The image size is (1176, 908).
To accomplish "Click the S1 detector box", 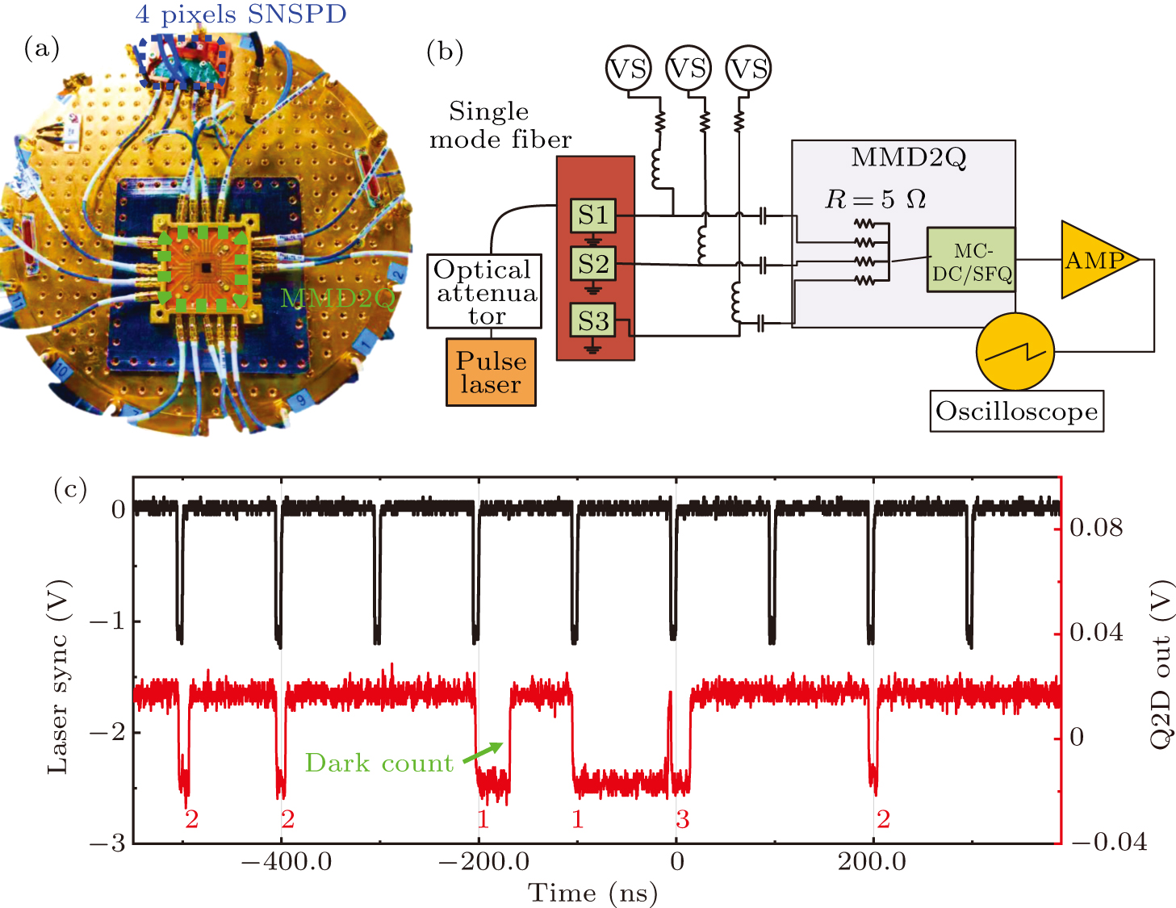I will pyautogui.click(x=593, y=215).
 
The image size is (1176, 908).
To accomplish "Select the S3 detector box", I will pyautogui.click(x=593, y=320).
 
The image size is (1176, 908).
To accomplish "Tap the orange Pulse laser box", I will pyautogui.click(x=491, y=372).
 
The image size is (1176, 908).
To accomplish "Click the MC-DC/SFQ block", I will pyautogui.click(x=971, y=260).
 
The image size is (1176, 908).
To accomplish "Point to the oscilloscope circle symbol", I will pyautogui.click(x=1015, y=352).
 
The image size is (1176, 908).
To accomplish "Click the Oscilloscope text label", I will pyautogui.click(x=1016, y=412).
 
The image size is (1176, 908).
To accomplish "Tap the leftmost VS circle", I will pyautogui.click(x=628, y=69).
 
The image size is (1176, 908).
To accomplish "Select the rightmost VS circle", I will pyautogui.click(x=748, y=69).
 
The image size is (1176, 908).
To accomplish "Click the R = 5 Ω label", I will pyautogui.click(x=875, y=199).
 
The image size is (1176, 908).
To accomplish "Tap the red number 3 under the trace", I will pyautogui.click(x=683, y=820).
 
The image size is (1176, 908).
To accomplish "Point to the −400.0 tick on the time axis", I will pyautogui.click(x=287, y=861).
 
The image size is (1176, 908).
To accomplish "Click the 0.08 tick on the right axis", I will pyautogui.click(x=1096, y=528).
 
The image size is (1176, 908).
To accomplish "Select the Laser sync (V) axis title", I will pyautogui.click(x=58, y=677).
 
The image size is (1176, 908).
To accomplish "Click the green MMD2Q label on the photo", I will pyautogui.click(x=337, y=299).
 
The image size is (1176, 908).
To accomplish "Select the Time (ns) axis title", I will pyautogui.click(x=592, y=893).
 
